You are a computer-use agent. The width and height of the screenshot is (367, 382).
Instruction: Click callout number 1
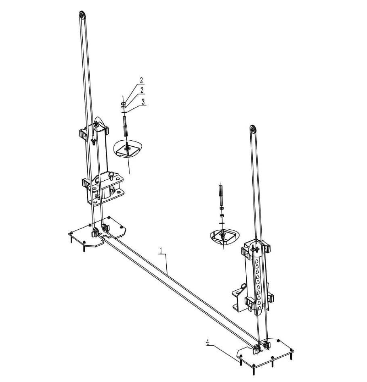coord(160,251)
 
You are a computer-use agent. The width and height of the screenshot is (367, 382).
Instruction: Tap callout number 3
coord(143,101)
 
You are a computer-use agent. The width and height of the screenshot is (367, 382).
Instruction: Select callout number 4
coord(208,342)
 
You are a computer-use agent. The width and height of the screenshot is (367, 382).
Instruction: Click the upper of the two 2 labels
coord(141,80)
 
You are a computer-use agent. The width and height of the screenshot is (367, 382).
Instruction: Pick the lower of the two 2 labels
coord(142,90)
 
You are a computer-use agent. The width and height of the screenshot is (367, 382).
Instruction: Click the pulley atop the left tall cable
coord(82,16)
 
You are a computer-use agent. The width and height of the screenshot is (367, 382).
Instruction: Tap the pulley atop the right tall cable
coord(253,129)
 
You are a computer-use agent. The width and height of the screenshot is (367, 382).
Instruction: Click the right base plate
coord(266,353)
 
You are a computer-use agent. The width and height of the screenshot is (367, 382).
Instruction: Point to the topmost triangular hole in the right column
coord(256,261)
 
